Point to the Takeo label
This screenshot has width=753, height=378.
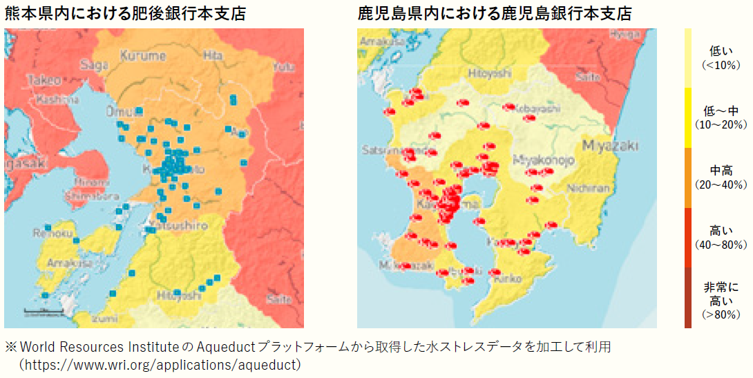click(x=44, y=81)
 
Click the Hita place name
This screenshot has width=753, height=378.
click(x=214, y=55)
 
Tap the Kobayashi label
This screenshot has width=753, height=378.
click(x=535, y=109)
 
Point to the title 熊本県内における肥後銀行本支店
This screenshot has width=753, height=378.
click(x=125, y=13)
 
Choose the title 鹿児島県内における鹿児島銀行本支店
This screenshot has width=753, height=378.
click(x=495, y=13)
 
